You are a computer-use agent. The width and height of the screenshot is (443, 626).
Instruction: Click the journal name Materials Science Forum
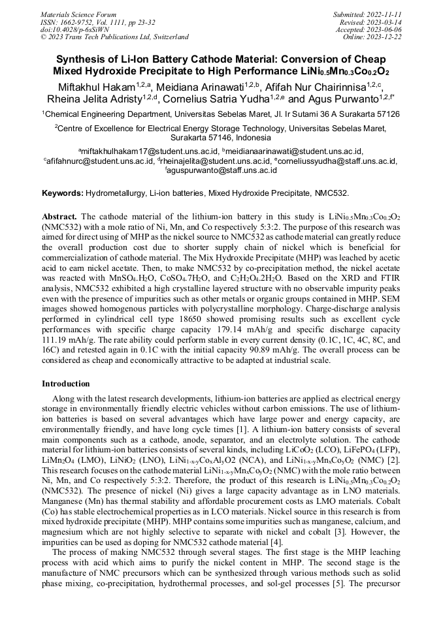pos(78,14)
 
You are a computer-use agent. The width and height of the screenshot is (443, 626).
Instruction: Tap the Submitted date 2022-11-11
pos(382,14)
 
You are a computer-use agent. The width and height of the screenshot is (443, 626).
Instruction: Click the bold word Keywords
pos(62,194)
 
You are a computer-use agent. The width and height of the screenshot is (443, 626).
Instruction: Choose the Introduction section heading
pos(66,384)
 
